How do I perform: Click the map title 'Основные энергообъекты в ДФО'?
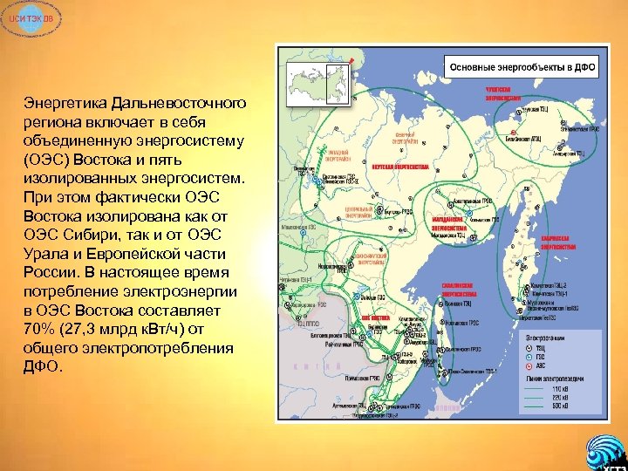pos(522,66)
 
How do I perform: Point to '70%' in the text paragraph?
pos(43,328)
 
